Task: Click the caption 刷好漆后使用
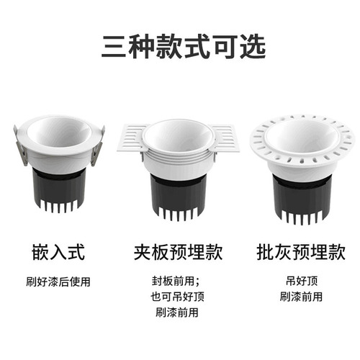pos(60,281)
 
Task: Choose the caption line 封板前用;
pos(177,281)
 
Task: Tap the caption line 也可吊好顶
pos(177,297)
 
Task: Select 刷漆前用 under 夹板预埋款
pos(177,312)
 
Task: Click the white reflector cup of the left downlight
pos(59,133)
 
